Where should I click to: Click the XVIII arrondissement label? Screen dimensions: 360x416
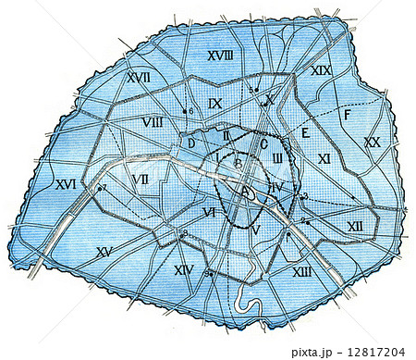pos(219,56)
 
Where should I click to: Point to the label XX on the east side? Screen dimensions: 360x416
pos(372,142)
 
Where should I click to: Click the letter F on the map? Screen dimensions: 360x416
pos(346,115)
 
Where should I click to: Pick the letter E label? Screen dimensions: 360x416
pos(302,133)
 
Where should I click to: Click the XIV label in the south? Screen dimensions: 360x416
pos(184,270)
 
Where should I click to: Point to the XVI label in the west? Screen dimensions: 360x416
pos(65,184)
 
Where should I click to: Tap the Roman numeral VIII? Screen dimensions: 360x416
pos(153,122)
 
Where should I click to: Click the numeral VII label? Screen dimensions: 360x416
pos(141,178)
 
